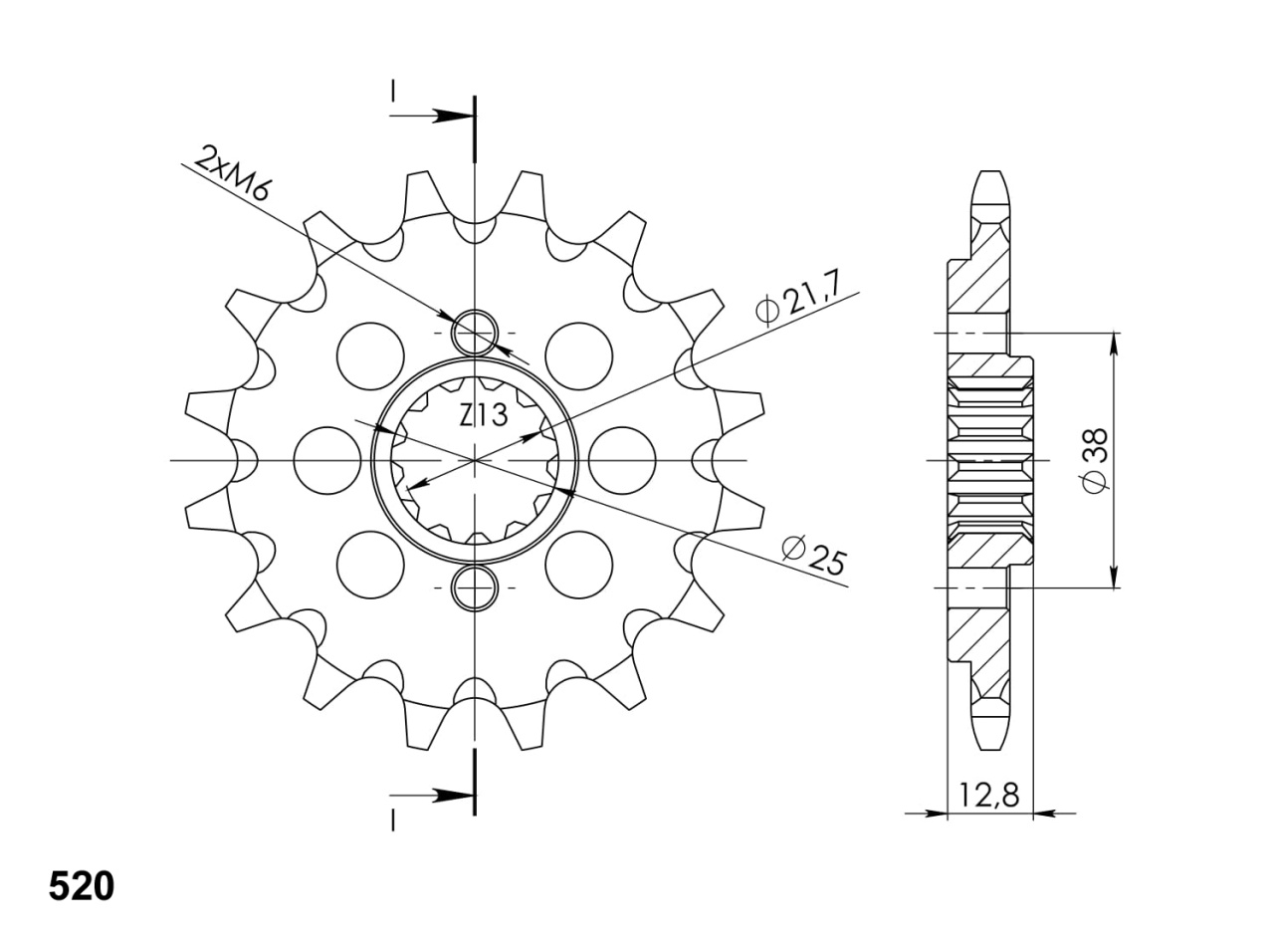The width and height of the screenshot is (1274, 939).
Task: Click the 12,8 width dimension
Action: tap(988, 795)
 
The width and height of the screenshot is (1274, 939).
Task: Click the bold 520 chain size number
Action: tap(82, 886)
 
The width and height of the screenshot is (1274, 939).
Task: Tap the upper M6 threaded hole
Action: tap(475, 333)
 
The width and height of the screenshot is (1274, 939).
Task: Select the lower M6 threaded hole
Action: tap(475, 587)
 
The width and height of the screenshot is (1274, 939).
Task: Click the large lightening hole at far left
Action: tap(327, 460)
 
